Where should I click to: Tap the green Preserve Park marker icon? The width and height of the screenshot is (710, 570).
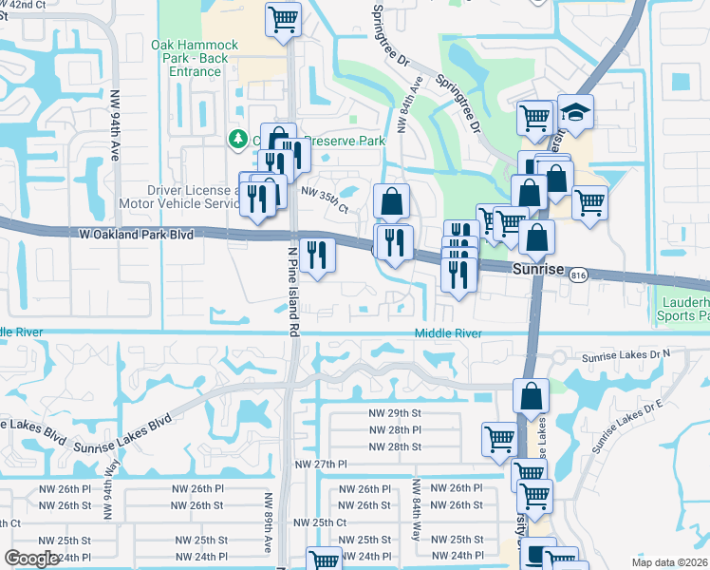click(x=236, y=141)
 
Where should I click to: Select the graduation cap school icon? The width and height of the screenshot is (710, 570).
click(x=575, y=112)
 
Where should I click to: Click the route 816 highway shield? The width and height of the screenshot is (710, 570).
click(x=577, y=275)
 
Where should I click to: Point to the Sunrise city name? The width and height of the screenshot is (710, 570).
click(x=538, y=269)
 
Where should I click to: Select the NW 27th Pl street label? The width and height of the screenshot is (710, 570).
click(x=322, y=464)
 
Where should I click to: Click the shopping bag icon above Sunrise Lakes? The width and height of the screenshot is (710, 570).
click(x=531, y=394)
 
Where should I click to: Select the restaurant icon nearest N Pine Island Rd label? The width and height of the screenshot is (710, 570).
click(x=317, y=254)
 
